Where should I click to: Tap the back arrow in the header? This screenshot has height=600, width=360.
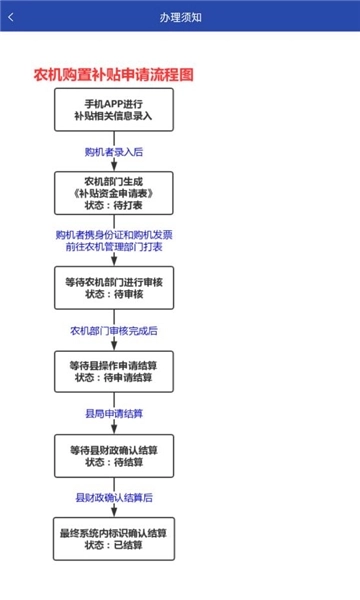coord(11,17)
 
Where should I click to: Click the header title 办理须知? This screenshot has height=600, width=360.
coord(181,18)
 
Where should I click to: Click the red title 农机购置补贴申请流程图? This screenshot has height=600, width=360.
coord(114,75)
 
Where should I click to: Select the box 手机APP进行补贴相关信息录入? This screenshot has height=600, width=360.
coord(114,110)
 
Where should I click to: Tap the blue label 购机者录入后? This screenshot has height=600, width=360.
coord(114,152)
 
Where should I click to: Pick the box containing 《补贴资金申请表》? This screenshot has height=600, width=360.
coord(114,193)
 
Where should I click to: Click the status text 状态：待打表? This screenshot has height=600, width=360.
coord(114,205)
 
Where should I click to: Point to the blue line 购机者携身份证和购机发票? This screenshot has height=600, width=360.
coord(114,235)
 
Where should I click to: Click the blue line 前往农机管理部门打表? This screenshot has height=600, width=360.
coord(114,246)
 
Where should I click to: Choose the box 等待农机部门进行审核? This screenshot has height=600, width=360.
coord(114,288)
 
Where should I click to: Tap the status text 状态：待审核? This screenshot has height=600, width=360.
coord(114,294)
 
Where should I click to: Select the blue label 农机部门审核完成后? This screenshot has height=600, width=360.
coord(114,331)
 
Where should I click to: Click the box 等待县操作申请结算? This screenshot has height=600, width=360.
coord(114,372)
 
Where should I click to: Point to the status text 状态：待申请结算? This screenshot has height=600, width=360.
coord(114,378)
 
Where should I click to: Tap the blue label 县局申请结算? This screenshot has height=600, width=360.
coord(114,414)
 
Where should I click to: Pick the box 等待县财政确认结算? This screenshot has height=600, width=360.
coord(114,456)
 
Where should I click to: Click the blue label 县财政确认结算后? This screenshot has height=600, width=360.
coord(114,497)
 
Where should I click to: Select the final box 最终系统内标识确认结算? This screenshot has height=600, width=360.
coord(114,539)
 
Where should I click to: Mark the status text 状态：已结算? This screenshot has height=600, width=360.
coord(114,545)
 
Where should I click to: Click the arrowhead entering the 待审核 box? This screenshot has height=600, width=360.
coord(114,261)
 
